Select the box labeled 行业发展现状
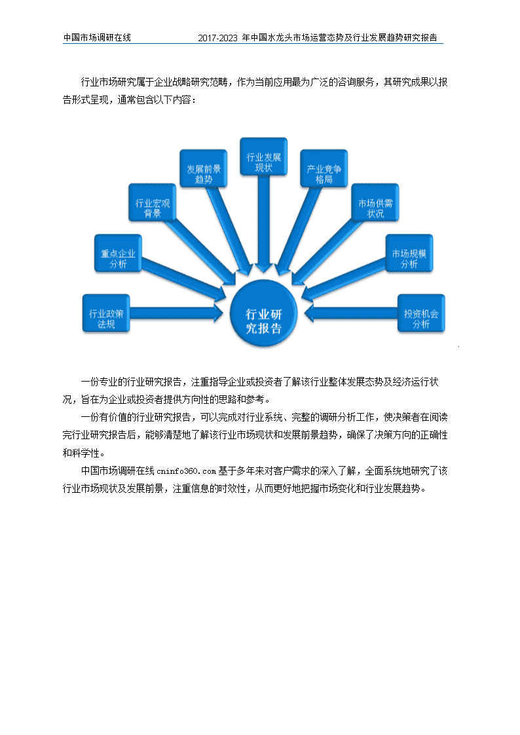(263, 156)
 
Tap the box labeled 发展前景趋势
(204, 169)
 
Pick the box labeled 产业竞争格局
(324, 169)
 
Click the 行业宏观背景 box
(153, 202)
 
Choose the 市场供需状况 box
(375, 202)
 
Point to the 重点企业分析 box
(118, 253)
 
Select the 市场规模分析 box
(409, 253)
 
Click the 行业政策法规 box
(106, 314)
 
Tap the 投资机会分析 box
(421, 314)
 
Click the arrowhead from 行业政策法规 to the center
(219, 313)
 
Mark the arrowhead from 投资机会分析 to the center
(310, 313)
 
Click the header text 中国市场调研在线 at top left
(97, 37)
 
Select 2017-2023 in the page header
(217, 38)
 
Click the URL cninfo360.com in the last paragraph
(186, 471)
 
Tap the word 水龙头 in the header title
(280, 37)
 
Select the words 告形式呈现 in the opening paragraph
(86, 100)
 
